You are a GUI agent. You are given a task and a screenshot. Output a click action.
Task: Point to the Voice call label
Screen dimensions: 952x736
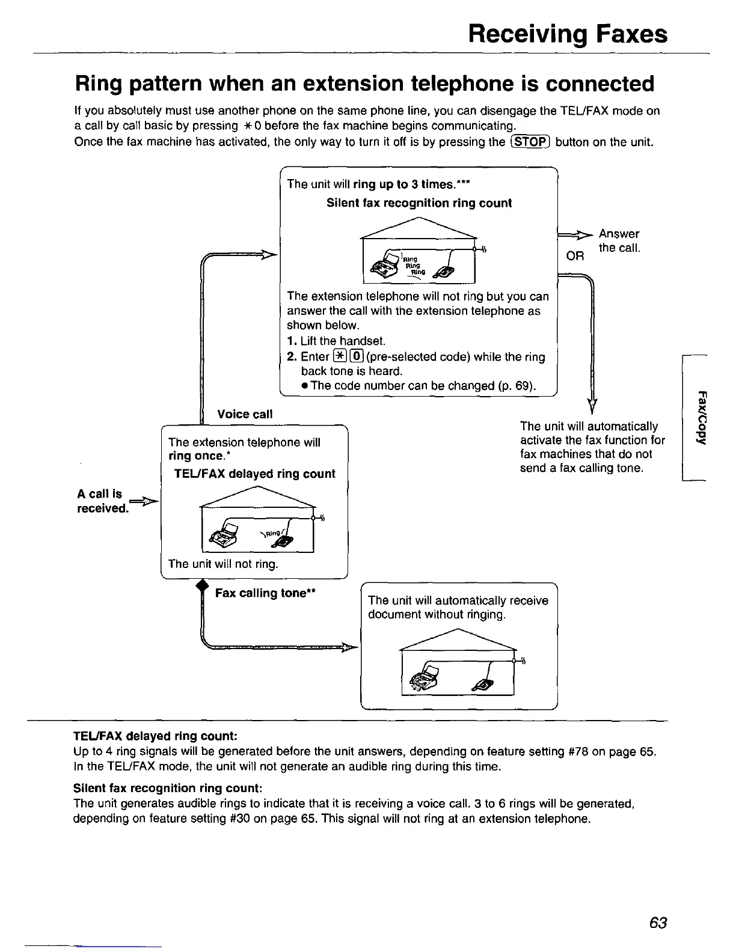click(245, 414)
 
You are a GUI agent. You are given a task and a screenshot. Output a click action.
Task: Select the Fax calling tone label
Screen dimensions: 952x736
click(266, 593)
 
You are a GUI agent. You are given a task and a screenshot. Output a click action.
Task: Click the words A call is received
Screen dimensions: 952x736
click(102, 501)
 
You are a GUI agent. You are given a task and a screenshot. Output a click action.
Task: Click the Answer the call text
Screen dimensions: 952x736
click(619, 241)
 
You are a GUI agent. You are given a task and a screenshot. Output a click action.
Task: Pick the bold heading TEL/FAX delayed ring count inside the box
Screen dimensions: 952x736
click(254, 474)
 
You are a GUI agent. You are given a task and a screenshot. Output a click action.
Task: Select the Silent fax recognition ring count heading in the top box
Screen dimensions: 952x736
click(419, 203)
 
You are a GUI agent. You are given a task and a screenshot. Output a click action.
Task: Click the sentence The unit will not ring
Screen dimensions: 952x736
click(224, 564)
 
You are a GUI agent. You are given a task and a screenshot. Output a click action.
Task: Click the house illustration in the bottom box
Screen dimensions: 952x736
click(458, 662)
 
